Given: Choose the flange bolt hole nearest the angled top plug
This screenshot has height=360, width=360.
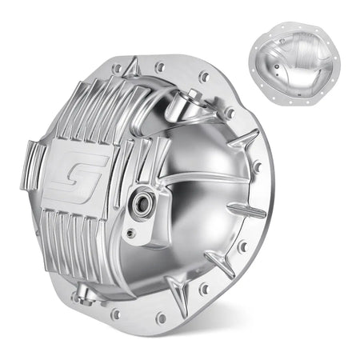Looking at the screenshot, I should tap(205, 77).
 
